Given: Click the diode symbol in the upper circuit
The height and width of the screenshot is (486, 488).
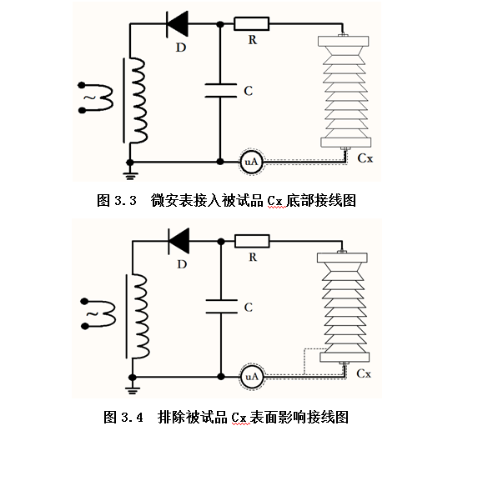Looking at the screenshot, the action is point(178,24).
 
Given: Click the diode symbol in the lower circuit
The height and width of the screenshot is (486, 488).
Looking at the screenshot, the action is point(179,241).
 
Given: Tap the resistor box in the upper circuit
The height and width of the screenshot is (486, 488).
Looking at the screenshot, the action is point(251,23).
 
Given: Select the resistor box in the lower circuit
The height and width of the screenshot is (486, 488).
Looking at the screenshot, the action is point(252,241).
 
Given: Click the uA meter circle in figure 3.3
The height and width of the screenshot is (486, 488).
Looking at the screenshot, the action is point(251,162).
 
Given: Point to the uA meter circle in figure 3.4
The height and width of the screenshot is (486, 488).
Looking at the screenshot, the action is point(252,377).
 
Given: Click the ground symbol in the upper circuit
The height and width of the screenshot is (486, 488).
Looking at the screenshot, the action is point(130,176).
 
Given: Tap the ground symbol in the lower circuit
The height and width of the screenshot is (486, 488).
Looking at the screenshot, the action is point(133,390).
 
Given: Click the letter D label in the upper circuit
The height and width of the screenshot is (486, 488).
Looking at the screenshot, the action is point(181,48).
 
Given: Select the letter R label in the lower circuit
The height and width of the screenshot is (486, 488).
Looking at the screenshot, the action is point(253,257).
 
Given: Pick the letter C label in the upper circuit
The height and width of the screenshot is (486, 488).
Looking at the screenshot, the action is point(248,91).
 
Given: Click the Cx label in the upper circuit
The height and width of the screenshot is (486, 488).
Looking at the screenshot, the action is point(365,158).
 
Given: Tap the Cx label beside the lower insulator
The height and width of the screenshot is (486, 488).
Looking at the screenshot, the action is point(364,373).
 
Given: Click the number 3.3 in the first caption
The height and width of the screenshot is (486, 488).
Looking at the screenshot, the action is point(125,201).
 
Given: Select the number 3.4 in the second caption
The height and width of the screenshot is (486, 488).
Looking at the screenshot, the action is point(132,418).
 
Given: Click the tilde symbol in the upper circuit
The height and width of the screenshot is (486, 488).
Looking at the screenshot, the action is point(90,98).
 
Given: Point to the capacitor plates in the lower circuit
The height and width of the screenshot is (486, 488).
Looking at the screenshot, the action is point(221,306).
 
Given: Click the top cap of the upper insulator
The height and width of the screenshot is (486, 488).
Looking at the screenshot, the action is point(344,41).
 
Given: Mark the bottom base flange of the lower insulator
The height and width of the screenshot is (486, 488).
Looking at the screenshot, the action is point(345,358).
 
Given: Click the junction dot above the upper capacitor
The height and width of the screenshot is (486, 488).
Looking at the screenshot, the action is point(220,24).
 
